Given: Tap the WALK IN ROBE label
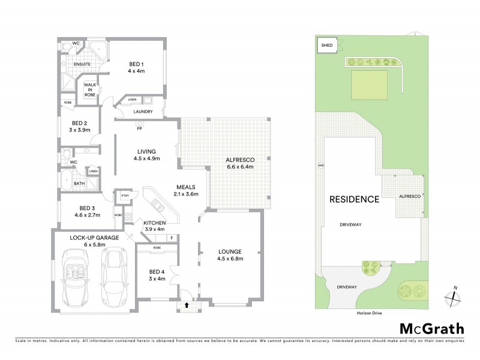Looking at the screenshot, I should point(91,90).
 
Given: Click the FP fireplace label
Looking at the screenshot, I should point(139,128).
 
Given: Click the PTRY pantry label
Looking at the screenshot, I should point(125,196).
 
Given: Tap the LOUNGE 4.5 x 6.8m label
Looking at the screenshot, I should point(230,256).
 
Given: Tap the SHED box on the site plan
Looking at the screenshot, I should point(327,45).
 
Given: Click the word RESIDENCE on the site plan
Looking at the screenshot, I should point(353,199).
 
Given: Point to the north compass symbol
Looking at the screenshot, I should point(454,296).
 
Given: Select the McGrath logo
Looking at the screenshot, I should point(432,328).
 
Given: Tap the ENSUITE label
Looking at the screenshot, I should point(82,63).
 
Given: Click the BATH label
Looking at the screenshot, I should point(79,184).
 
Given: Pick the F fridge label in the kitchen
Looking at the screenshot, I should point(172,238).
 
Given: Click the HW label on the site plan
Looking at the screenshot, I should point(321,166).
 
